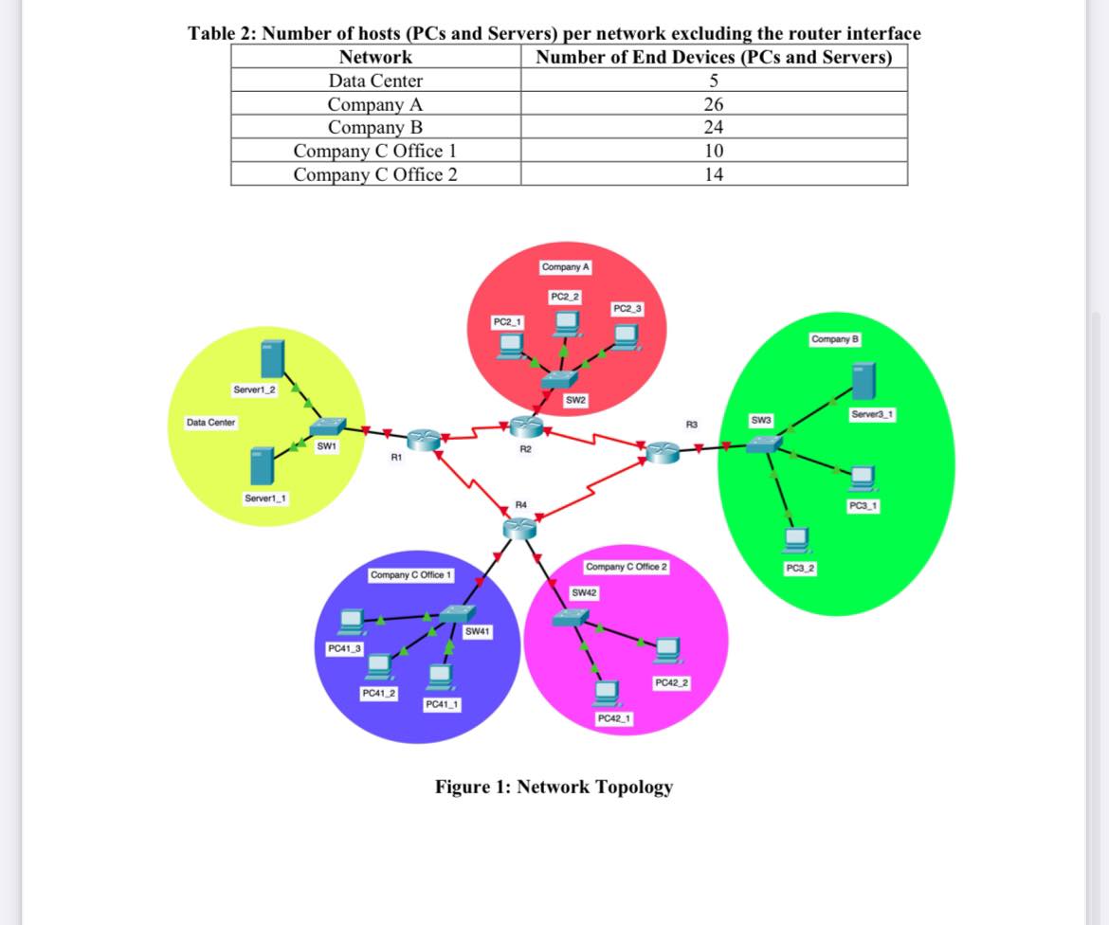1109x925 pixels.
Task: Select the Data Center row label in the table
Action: click(375, 82)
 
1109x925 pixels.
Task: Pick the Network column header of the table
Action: click(375, 57)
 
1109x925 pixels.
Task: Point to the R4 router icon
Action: click(519, 529)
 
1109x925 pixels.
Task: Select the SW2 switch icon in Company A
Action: click(555, 380)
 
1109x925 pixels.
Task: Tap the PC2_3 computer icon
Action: click(625, 336)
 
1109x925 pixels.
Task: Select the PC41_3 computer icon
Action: click(352, 620)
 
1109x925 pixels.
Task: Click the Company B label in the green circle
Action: click(833, 339)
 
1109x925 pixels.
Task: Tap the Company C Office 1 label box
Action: click(412, 575)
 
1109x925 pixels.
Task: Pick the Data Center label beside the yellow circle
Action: click(210, 422)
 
